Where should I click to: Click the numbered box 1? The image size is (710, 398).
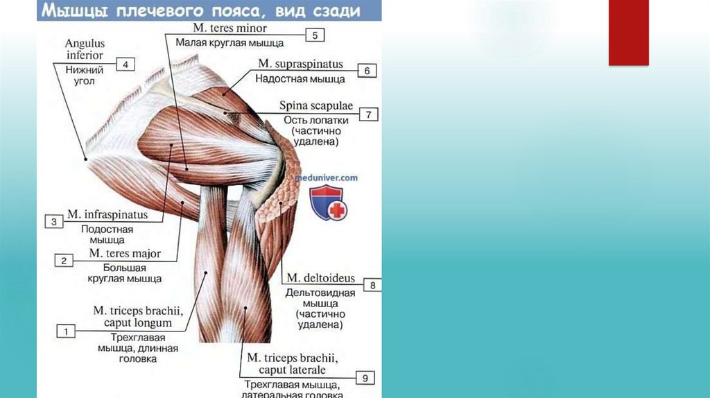point(66,331)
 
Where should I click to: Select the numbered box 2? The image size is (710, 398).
point(64,261)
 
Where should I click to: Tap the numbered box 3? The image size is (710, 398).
point(54,222)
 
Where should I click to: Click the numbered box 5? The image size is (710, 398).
point(315,35)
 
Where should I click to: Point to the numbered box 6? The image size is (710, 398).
point(367,70)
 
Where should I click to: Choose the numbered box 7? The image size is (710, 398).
point(369,114)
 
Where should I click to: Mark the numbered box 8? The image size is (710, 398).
point(372,285)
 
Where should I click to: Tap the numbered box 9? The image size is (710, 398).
point(365,377)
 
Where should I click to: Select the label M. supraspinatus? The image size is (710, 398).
point(300,64)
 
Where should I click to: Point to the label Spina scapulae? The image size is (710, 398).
point(316,106)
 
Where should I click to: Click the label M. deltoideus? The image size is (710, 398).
point(321,279)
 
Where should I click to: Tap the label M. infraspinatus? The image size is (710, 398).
point(107,216)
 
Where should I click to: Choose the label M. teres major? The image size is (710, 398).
point(125,254)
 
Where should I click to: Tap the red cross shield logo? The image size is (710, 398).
point(328,204)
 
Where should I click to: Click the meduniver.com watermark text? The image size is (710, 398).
point(327,178)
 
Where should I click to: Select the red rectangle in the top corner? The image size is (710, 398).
point(628,33)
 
